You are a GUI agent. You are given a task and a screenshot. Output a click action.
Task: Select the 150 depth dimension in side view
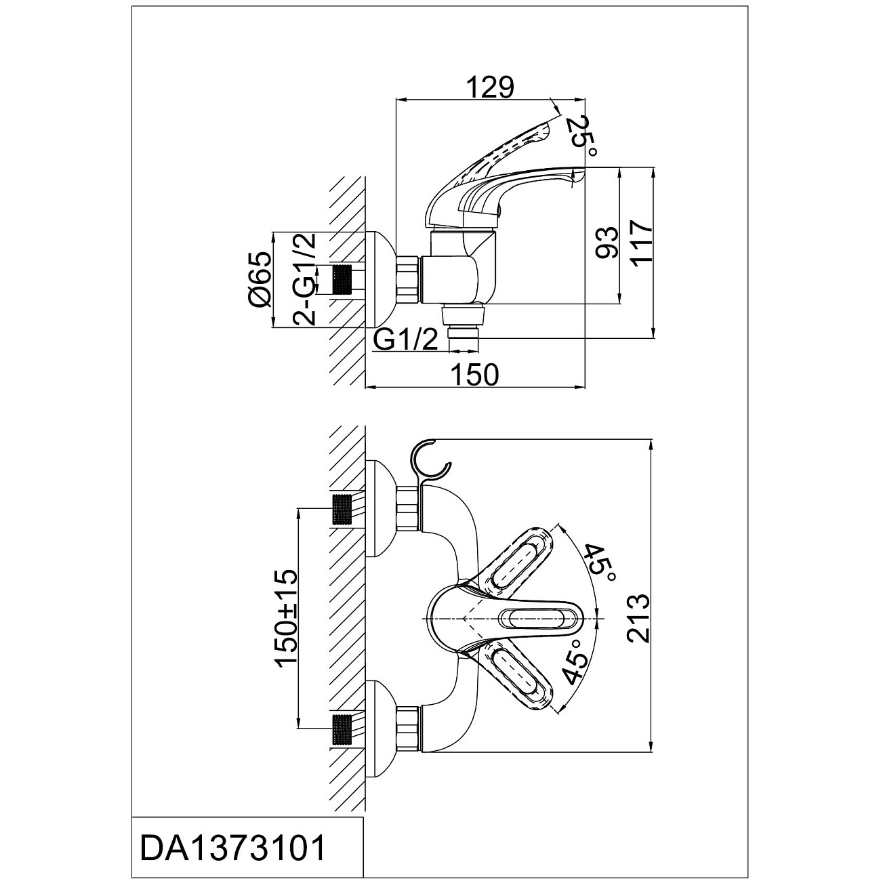[474, 374]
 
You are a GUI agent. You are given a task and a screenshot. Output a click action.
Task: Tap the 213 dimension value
[638, 618]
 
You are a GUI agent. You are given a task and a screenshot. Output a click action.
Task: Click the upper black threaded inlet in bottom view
[344, 510]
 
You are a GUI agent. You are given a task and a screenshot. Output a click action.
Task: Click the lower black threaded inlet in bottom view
[344, 727]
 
